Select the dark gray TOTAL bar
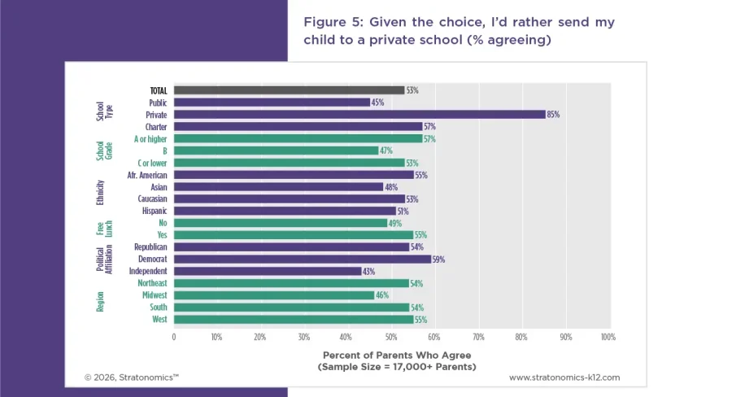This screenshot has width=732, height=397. pos(289,90)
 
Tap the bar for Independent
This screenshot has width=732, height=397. pos(268,271)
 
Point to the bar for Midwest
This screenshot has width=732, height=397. pos(274,295)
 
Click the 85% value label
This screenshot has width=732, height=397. pos(553,115)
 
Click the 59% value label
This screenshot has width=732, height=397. pos(439,260)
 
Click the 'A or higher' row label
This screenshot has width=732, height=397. pos(150,139)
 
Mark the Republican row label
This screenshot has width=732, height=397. pos(150,247)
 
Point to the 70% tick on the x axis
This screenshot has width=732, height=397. pos(477,336)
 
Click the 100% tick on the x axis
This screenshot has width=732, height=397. pos(607,336)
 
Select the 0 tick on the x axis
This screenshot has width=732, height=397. pos(174,336)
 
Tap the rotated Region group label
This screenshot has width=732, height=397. pos(101,301)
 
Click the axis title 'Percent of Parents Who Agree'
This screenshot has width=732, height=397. pos(397,356)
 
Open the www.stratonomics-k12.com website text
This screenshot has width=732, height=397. pos(564,377)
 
